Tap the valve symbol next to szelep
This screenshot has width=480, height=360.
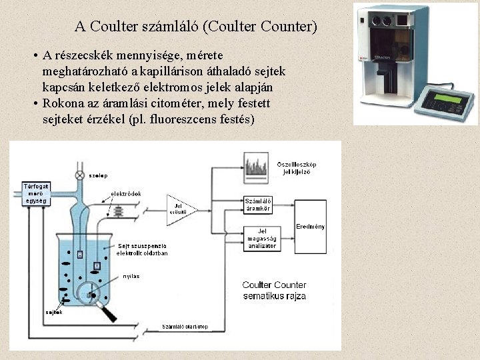pyautogui.click(x=80, y=175)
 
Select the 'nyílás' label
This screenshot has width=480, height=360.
pyautogui.click(x=131, y=275)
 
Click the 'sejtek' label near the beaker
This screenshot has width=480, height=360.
pyautogui.click(x=54, y=312)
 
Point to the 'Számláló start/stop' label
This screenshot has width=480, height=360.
pyautogui.click(x=186, y=327)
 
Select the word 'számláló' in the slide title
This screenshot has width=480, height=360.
pyautogui.click(x=169, y=27)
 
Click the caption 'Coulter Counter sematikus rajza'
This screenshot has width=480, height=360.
pyautogui.click(x=274, y=290)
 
